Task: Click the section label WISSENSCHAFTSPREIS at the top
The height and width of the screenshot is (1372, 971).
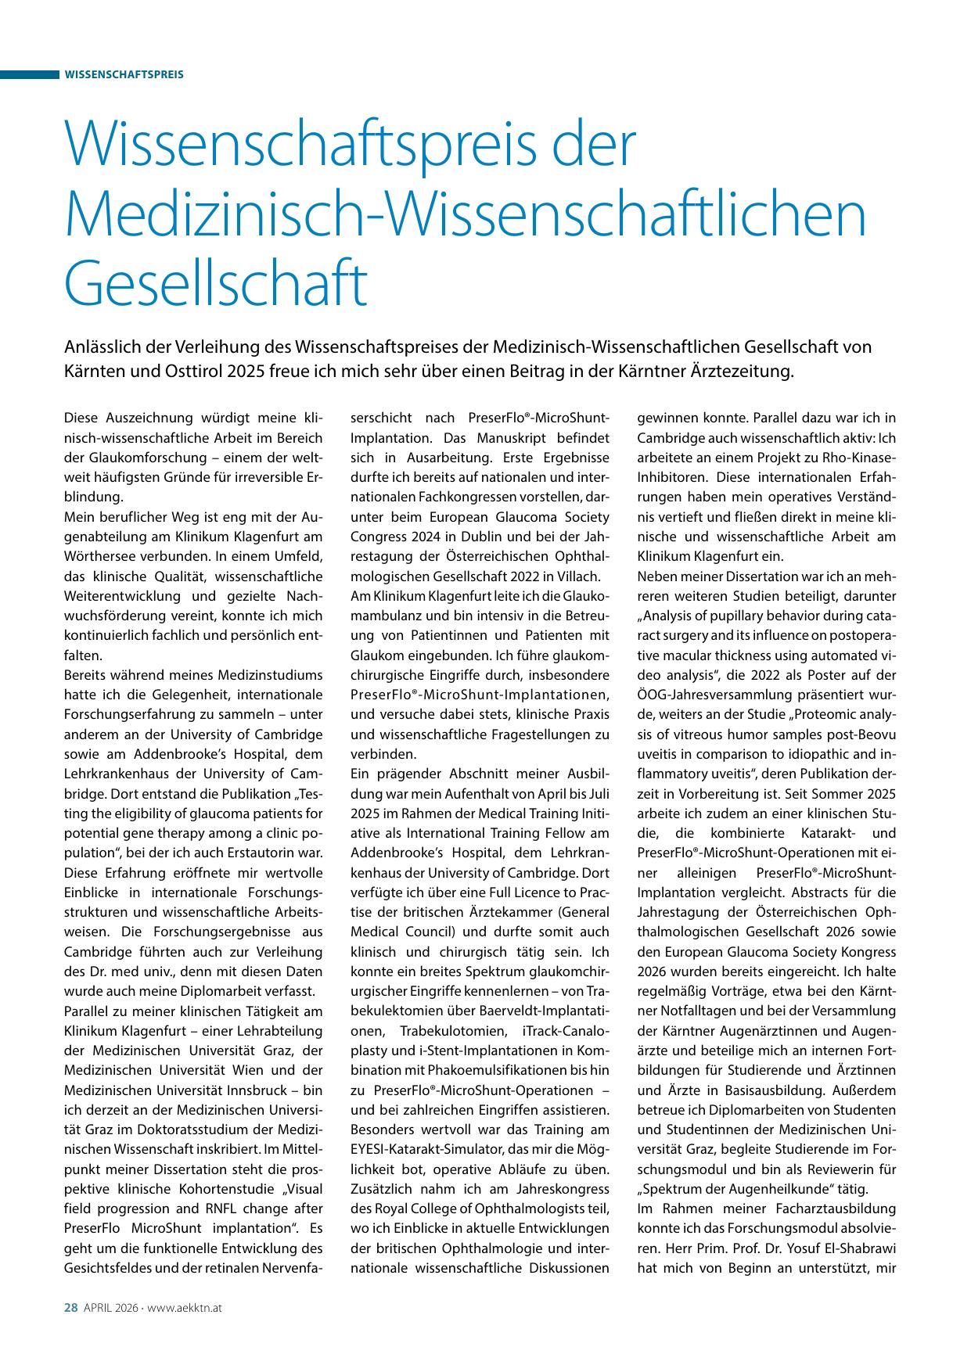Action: coord(124,74)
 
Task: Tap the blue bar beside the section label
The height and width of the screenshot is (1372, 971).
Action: coord(30,74)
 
